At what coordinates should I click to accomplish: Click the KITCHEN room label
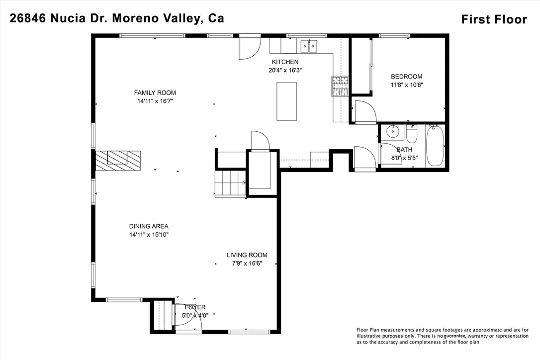tap(285, 62)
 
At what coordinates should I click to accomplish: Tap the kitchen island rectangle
tap(286, 101)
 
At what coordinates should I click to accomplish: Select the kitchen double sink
tap(309, 46)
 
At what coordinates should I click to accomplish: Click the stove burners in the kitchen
tap(340, 86)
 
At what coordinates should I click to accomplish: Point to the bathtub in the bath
tap(435, 146)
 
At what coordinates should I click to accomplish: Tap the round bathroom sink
tap(392, 131)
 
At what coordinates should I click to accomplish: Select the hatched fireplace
tap(118, 161)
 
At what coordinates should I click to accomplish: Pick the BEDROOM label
tap(406, 77)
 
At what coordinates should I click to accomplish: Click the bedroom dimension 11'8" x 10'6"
tap(406, 85)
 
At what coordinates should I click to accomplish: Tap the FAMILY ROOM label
tap(155, 92)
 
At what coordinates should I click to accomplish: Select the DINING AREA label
tap(149, 226)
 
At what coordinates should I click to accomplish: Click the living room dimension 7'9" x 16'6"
tap(247, 264)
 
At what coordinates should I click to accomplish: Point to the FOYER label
tap(195, 307)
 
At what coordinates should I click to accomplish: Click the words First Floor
tap(494, 19)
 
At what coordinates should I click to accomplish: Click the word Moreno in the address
tap(133, 18)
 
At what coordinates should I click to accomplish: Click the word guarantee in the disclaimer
tap(454, 336)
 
